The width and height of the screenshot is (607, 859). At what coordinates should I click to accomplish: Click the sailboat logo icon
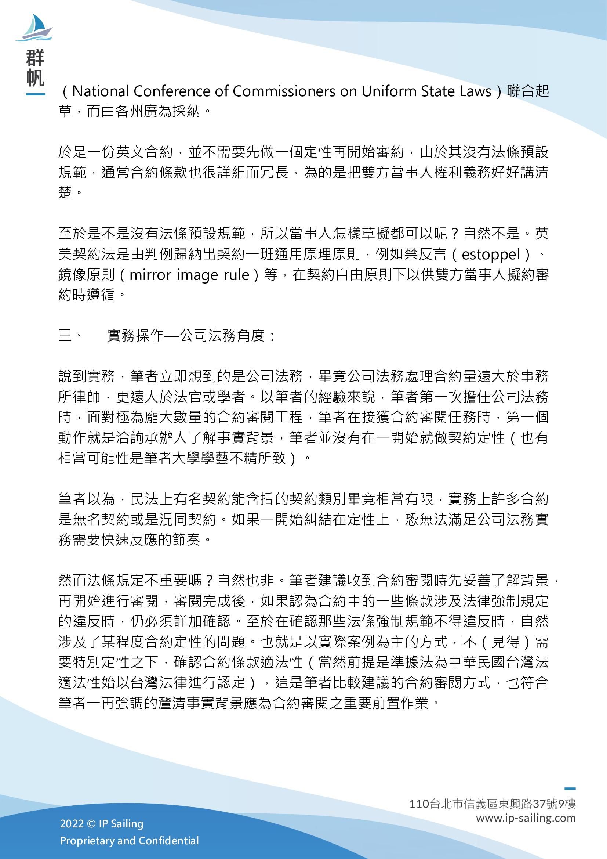pyautogui.click(x=34, y=28)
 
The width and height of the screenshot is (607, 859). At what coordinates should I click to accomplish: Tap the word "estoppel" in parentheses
pyautogui.click(x=491, y=255)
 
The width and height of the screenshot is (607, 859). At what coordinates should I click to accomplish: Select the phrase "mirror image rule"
pyautogui.click(x=189, y=275)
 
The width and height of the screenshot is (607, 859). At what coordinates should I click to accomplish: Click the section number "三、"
pyautogui.click(x=70, y=336)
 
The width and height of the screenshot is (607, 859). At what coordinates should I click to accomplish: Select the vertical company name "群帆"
pyautogui.click(x=36, y=68)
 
